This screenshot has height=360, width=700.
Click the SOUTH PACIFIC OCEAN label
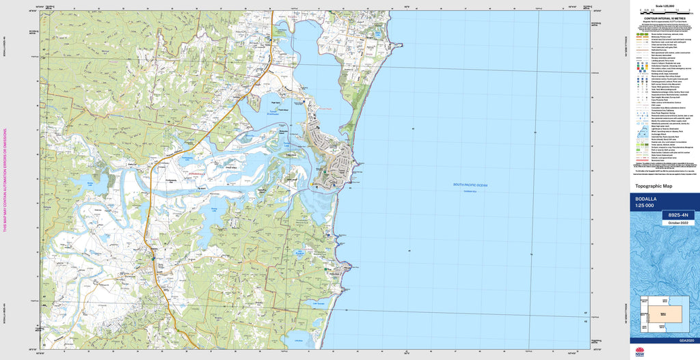tap(471, 185)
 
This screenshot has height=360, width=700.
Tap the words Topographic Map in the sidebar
tap(654, 186)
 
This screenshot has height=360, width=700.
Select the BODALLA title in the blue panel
tap(647, 199)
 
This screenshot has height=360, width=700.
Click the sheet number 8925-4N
tap(677, 215)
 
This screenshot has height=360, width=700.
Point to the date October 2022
tap(677, 223)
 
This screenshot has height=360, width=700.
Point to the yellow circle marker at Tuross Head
tap(312, 184)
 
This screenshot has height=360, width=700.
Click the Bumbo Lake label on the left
tap(89, 183)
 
